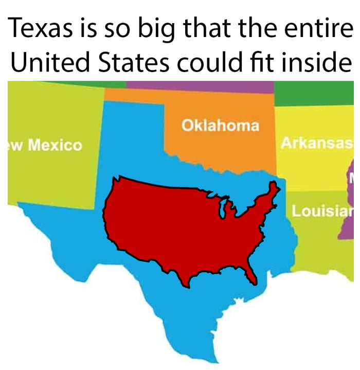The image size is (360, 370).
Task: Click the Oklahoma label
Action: point(220,125)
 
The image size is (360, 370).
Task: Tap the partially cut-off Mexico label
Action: point(54,145)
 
